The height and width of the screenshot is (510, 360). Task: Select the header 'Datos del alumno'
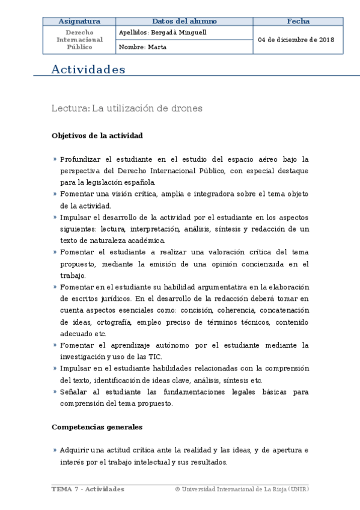pos(185,21)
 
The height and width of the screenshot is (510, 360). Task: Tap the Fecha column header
pos(298,21)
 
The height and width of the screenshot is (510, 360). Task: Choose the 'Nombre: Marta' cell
pos(143,47)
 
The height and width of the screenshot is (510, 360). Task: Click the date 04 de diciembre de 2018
pos(296,40)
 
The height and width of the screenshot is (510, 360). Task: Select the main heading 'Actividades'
pos(88,70)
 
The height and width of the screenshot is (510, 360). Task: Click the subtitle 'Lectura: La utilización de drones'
pos(127,109)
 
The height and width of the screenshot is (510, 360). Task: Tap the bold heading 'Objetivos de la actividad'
pos(97,136)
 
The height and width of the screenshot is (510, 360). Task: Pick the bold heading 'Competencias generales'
pos(97,427)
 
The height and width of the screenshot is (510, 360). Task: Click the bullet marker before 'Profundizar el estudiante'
pos(55,159)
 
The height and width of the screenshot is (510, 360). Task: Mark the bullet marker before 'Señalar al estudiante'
pos(55,392)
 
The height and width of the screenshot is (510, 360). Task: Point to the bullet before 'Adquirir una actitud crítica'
pos(55,450)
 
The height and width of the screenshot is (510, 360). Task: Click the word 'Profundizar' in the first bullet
pos(81,159)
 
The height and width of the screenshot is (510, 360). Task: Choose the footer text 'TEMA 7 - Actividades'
pos(88,490)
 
